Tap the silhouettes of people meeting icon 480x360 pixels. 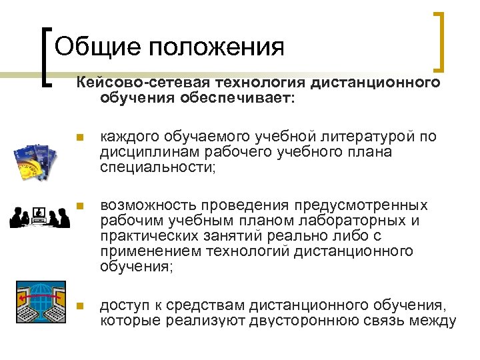39,217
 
